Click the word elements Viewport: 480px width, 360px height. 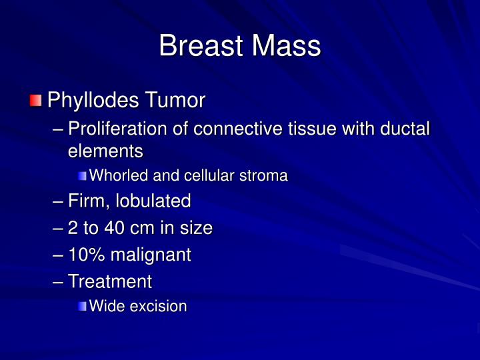point(105,151)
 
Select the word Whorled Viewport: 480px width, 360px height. point(117,176)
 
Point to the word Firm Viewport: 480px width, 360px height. point(87,201)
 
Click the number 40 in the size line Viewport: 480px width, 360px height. point(114,228)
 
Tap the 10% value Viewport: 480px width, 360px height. point(85,255)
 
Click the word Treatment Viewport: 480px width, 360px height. point(110,281)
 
